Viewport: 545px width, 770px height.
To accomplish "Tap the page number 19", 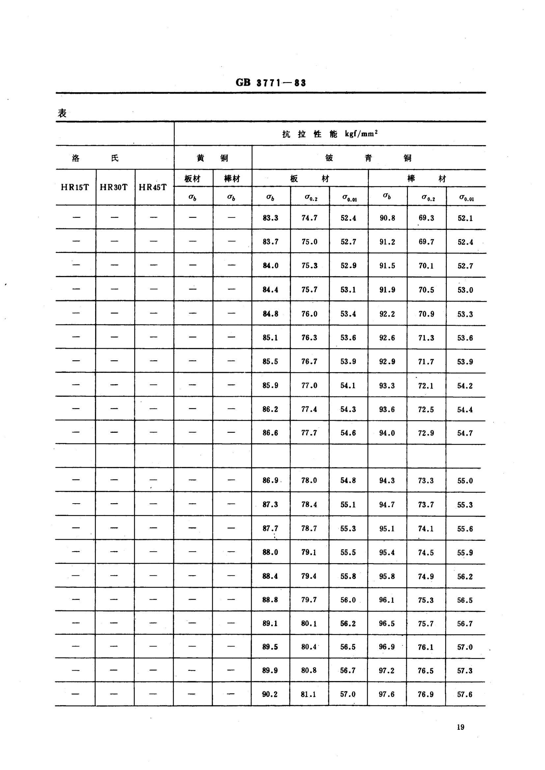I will pos(460,727).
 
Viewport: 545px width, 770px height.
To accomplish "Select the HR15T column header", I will pos(75,187).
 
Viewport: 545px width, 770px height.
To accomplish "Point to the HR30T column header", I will pos(114,187).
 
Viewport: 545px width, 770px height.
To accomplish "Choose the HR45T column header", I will pos(153,187).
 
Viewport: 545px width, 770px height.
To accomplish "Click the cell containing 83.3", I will pos(271,218).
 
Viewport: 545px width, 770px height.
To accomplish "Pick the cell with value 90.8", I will pos(387,218).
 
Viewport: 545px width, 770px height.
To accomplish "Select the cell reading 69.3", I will pos(426,218).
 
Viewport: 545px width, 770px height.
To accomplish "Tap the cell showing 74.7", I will pos(309,218).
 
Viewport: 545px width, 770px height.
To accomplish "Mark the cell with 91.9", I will pos(387,290).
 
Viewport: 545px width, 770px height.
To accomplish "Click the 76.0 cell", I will pos(309,314).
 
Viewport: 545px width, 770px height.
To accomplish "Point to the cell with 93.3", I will pos(387,386).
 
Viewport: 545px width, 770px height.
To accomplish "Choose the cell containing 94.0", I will pos(387,433).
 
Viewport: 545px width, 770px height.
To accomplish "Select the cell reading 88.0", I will pos(270,552).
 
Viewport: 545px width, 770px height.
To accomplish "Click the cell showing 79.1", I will pos(309,552).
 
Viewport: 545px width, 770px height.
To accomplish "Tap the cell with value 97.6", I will pos(387,694).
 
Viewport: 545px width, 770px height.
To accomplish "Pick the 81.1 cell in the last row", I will pos(308,694).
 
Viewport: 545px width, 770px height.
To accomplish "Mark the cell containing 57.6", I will pos(465,694).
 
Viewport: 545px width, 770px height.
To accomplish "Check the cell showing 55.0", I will pos(465,481).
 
